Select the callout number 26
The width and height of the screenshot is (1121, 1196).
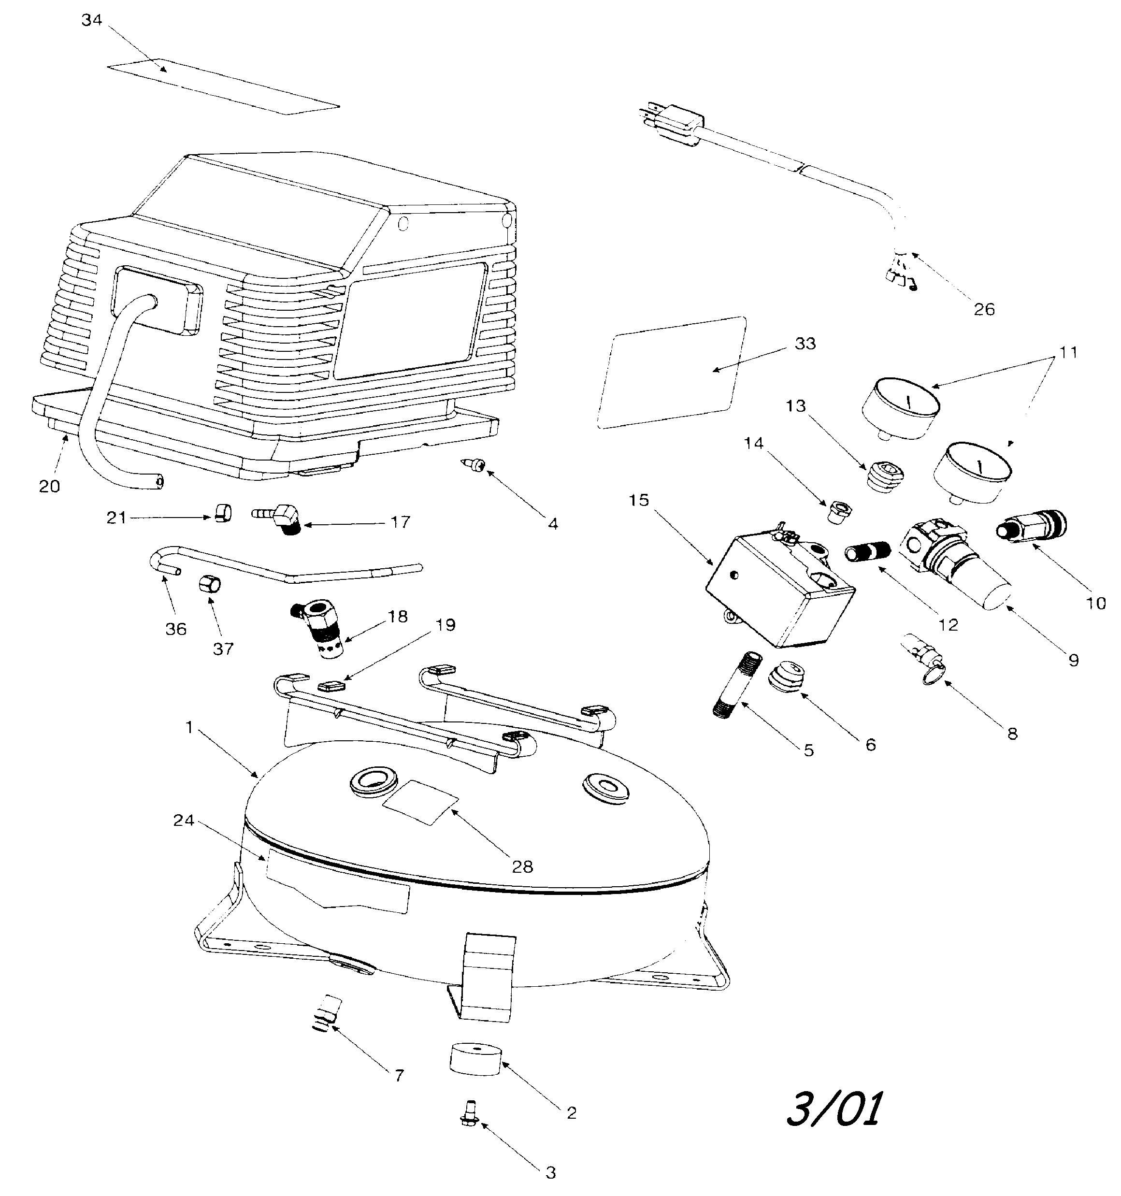click(984, 309)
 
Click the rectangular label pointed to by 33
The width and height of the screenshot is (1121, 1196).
click(671, 373)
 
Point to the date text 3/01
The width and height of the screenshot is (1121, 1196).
click(834, 1108)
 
